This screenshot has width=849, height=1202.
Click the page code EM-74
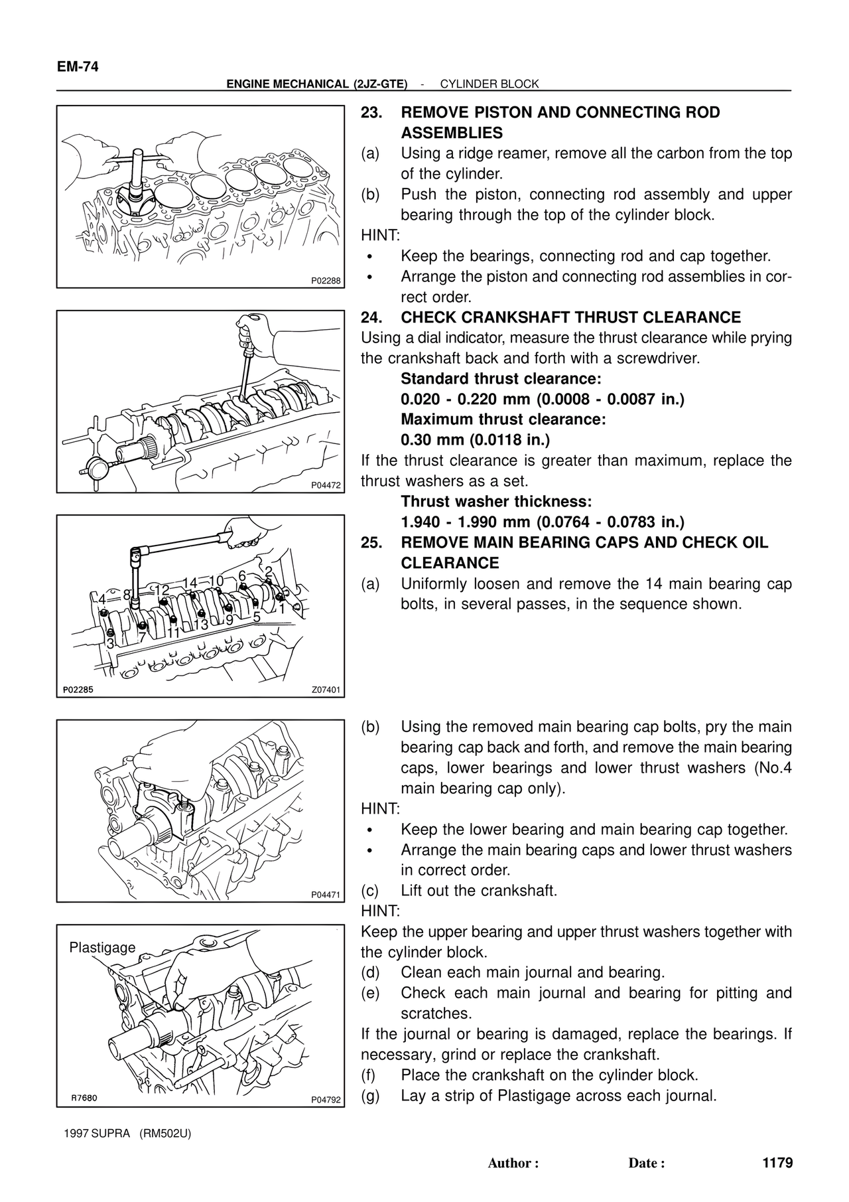pos(78,67)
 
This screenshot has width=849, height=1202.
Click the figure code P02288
pos(326,281)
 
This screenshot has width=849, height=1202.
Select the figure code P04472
pos(326,485)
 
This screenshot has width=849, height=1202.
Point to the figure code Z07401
pos(326,690)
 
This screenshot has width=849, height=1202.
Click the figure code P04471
pos(326,895)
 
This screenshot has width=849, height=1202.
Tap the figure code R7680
pos(86,1098)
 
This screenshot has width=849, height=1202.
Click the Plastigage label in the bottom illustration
pos(102,948)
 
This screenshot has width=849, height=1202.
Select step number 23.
pos(370,112)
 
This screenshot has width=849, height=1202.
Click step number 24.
pos(370,317)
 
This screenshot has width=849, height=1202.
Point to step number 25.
pos(370,542)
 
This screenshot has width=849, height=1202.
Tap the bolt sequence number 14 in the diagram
pos(190,583)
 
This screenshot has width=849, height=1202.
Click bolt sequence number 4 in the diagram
pos(102,599)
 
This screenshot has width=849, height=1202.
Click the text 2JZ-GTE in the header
pos(379,84)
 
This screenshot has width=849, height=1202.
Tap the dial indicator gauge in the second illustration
pos(97,469)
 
